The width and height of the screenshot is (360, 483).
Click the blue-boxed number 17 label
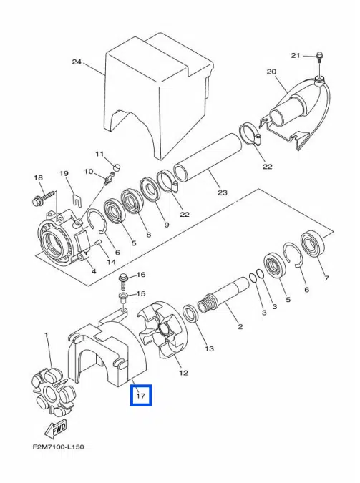(141, 395)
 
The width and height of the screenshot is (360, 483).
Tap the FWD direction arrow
(56, 429)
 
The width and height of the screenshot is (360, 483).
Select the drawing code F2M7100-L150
(58, 447)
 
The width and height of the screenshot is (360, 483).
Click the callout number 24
(77, 62)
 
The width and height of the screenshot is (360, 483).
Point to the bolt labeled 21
(319, 57)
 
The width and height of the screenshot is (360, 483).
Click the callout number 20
(271, 72)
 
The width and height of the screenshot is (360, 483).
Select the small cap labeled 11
(117, 167)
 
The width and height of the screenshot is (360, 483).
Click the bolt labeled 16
(123, 281)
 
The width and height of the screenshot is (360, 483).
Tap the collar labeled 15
(123, 298)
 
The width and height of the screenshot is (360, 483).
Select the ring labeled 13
(190, 314)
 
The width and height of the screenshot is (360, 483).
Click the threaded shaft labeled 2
(223, 295)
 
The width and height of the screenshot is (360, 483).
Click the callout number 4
(94, 271)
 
